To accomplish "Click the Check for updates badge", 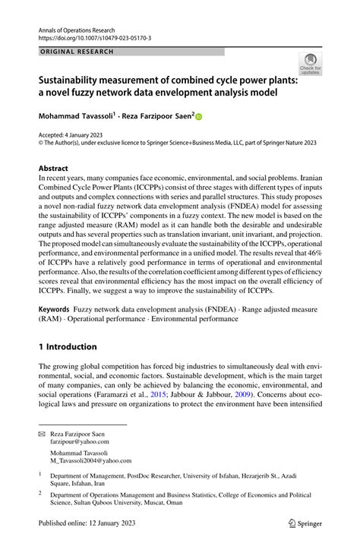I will (x=310, y=64).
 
